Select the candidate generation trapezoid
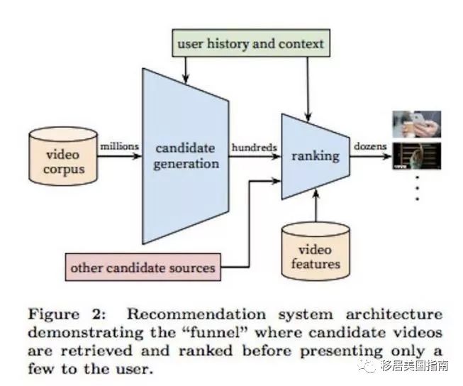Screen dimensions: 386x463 (186, 155)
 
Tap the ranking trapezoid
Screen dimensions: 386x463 (316, 155)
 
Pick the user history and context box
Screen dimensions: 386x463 (250, 44)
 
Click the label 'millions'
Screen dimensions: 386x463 (119, 146)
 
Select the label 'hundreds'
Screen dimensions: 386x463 (253, 146)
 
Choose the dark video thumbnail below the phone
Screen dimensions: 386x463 (416, 156)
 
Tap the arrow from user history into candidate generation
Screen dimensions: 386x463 (186, 67)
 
